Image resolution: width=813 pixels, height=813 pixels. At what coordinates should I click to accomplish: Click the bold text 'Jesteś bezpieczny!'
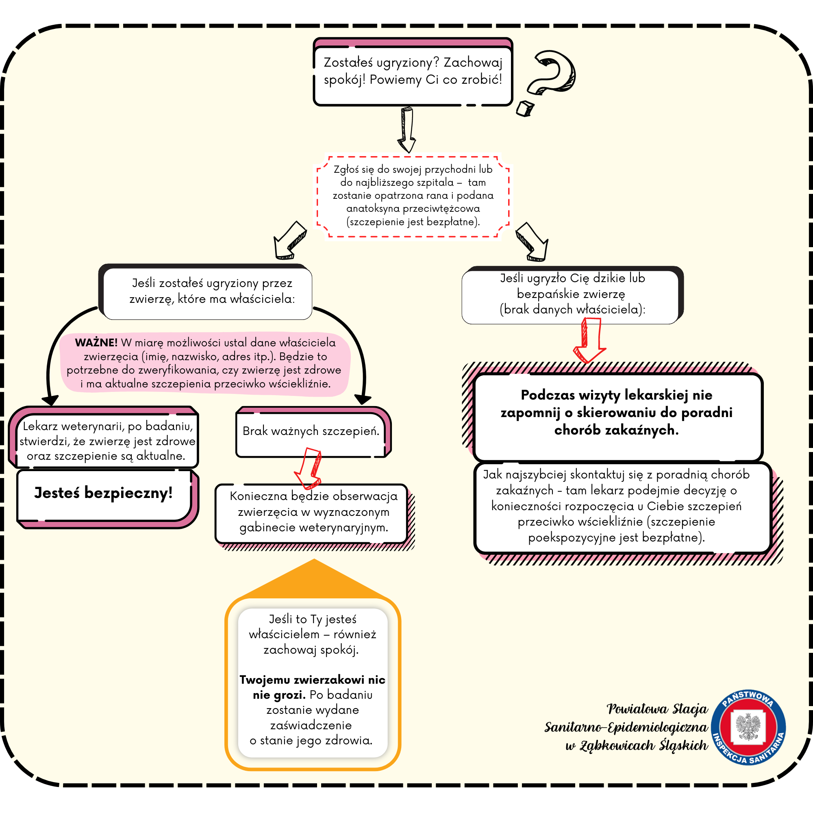click(104, 493)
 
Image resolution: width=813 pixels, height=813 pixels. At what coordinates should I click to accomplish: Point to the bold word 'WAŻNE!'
click(96, 343)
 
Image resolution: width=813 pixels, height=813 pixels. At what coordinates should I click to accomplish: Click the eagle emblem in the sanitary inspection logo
click(749, 726)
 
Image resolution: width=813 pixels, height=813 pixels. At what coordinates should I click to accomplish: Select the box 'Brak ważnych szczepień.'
click(311, 432)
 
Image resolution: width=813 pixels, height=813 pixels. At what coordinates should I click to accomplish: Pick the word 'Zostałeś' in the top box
click(348, 63)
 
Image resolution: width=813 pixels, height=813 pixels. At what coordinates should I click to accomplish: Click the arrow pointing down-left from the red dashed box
click(289, 240)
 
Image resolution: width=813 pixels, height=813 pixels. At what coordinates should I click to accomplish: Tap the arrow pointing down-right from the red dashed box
click(533, 242)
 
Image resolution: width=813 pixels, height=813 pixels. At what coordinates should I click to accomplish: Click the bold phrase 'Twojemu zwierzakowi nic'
click(312, 680)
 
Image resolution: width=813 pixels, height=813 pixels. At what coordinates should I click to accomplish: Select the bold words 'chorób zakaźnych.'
click(617, 430)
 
